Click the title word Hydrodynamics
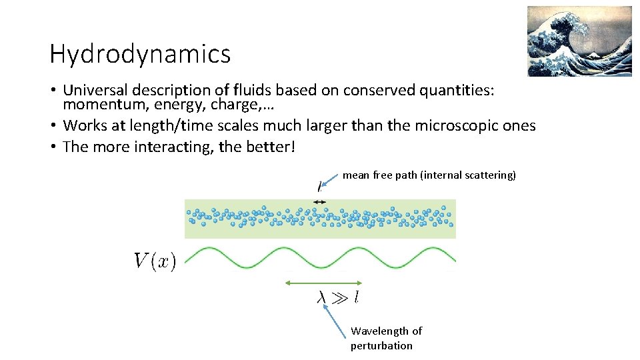click(140, 54)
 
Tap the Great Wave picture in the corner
click(579, 41)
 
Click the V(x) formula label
click(155, 261)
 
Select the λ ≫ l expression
click(337, 297)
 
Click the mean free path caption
click(429, 175)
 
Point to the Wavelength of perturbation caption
click(386, 338)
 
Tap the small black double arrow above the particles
click(319, 201)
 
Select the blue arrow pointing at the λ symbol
click(337, 317)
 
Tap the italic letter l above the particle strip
click(319, 189)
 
